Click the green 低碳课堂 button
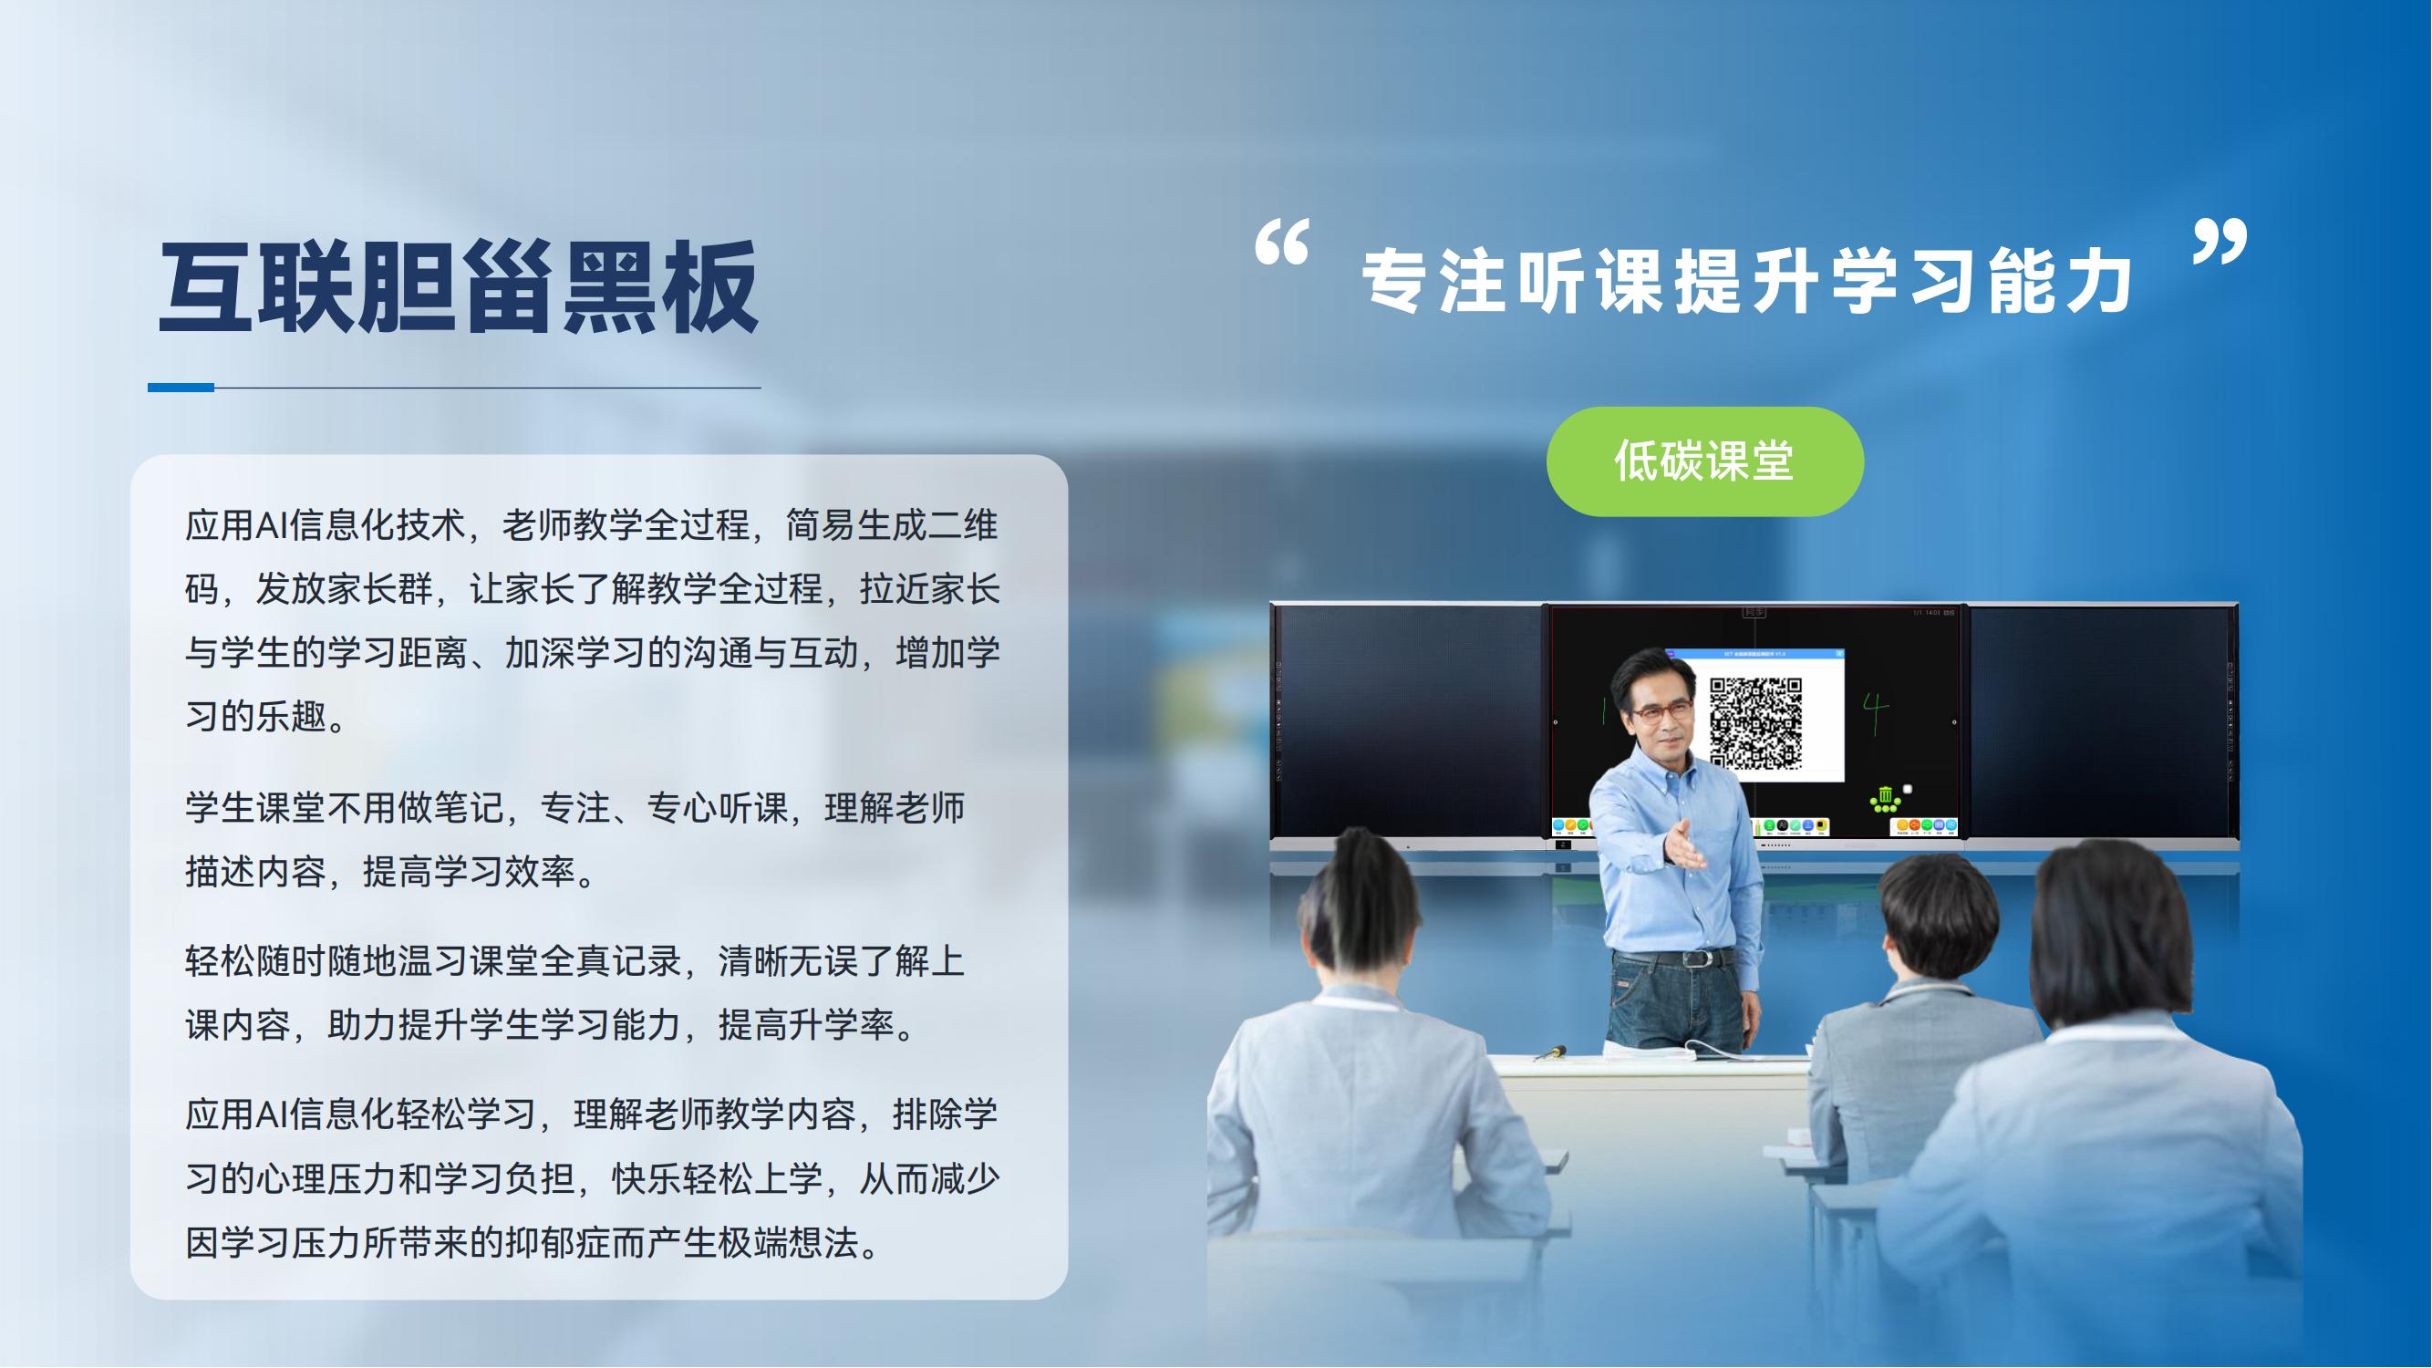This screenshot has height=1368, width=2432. coord(1704,461)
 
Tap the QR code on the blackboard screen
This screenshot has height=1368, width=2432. coord(1756,723)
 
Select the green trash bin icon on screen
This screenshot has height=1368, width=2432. coord(1885,799)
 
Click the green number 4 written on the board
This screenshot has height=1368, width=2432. coord(1875,714)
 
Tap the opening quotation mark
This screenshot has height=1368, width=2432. coord(1281,243)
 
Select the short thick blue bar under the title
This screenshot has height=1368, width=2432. coord(181,387)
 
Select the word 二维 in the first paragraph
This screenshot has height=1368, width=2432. coord(962,525)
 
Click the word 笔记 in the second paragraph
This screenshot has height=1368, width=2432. coord(469,808)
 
